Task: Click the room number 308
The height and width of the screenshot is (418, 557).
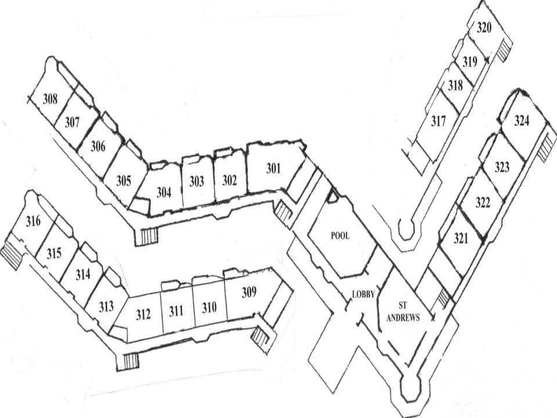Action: pos(50,99)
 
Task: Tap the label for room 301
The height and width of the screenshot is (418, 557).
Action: pos(273,168)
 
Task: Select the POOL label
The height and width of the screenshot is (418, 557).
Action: pos(340,235)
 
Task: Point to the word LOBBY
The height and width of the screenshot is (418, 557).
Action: pos(363,294)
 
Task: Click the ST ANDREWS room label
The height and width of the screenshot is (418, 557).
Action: pos(403,311)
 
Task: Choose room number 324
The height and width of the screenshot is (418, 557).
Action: pos(522,121)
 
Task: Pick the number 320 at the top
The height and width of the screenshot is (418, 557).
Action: pos(484,27)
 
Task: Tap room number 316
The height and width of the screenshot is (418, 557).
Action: pos(33,221)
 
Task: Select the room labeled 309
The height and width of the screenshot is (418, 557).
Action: pos(249,292)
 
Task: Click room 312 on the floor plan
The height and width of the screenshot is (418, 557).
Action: pos(143,314)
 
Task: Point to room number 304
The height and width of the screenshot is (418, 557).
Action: pos(164,192)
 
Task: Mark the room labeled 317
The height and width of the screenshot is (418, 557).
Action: pos(439,121)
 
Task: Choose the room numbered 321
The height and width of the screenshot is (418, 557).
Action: pos(461,238)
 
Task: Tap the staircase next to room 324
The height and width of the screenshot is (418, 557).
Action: pos(547,147)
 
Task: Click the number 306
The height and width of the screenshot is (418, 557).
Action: pos(98,146)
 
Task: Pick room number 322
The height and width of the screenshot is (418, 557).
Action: pos(483,203)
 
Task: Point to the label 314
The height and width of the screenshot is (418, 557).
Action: pos(83,274)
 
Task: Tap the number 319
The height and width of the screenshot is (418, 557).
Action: pos(470,62)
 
